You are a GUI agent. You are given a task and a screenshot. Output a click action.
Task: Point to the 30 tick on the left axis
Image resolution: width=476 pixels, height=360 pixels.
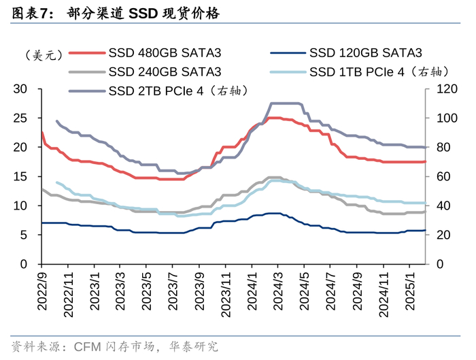click(x=20, y=88)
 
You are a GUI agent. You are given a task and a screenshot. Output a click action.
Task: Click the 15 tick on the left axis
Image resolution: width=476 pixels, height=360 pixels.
click(x=20, y=176)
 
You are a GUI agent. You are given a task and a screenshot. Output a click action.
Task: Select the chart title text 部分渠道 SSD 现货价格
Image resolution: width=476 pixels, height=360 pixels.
click(x=143, y=12)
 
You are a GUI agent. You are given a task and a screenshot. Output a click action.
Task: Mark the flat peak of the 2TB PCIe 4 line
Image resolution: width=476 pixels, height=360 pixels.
click(x=286, y=103)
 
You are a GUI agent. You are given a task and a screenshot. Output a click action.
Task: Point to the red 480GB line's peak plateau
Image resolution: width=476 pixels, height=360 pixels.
click(x=275, y=118)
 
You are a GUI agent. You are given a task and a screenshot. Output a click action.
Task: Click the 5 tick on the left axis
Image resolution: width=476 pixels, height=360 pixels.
click(x=23, y=235)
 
